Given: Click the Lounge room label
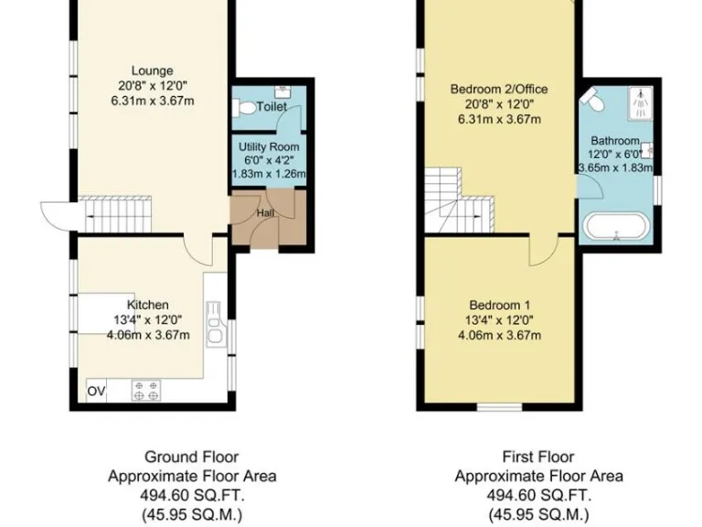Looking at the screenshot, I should [152, 71].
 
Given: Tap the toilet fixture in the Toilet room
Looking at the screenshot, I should [244, 108].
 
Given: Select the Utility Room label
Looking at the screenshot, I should [269, 146].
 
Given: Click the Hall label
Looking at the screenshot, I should [265, 212].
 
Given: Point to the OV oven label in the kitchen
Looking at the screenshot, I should [96, 391].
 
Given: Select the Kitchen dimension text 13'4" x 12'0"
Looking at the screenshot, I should [148, 319].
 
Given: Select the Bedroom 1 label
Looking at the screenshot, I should [499, 305].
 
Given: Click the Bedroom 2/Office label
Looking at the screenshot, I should [499, 89].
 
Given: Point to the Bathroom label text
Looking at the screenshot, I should [614, 141].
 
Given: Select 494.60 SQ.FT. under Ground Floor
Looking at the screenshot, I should [192, 495].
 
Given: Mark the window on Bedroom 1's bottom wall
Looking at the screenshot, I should [499, 406].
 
